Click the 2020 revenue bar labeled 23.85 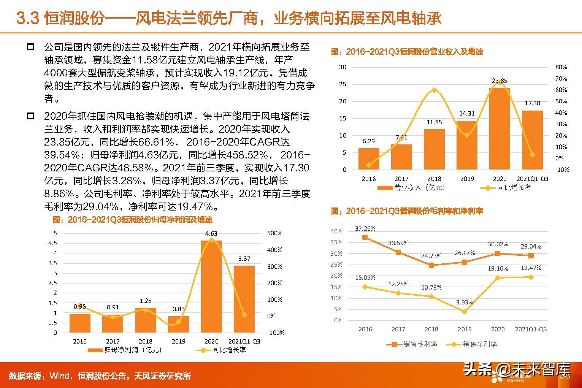tap(500, 129)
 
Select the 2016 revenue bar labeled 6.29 tap(368, 159)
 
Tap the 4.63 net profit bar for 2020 tap(211, 287)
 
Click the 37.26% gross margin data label tap(365, 229)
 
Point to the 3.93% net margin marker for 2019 tap(465, 311)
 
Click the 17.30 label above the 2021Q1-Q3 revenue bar tap(532, 103)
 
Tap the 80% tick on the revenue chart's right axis tap(561, 67)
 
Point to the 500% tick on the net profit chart tap(274, 233)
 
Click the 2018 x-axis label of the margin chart tap(431, 329)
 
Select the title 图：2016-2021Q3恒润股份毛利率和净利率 tap(407, 211)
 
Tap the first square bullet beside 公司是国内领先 tap(30, 48)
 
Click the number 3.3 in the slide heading tap(28, 19)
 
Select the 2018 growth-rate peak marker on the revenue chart tap(434, 90)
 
